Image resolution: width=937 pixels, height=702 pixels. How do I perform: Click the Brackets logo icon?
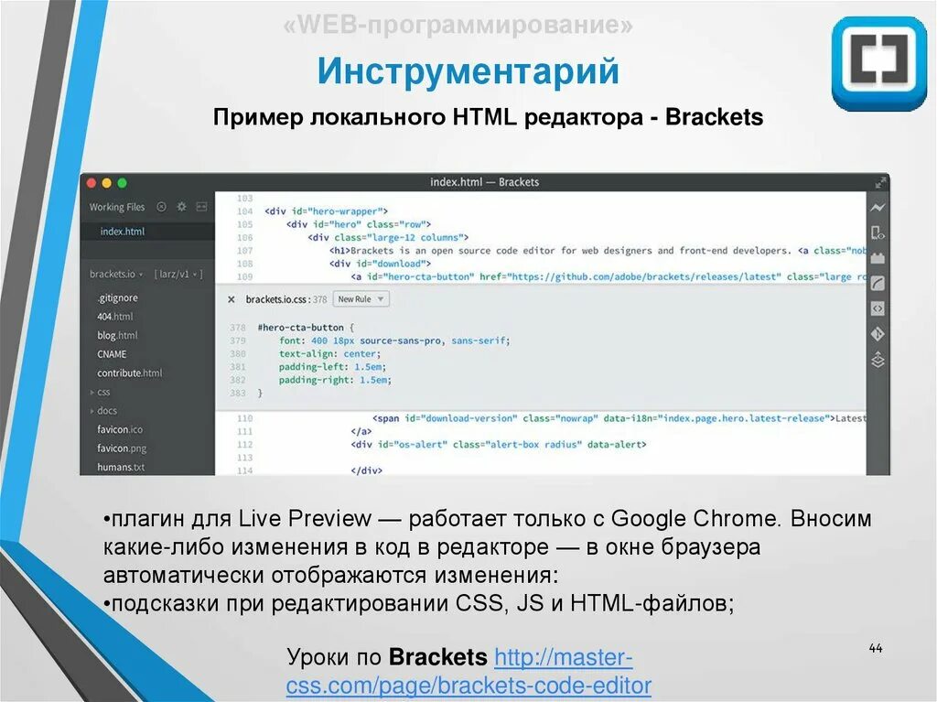[879, 63]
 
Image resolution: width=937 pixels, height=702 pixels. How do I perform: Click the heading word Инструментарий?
[468, 70]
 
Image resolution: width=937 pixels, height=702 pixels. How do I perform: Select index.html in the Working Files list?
[123, 232]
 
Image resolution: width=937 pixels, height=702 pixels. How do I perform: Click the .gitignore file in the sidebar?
[117, 297]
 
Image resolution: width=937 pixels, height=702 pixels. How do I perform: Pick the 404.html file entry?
[115, 316]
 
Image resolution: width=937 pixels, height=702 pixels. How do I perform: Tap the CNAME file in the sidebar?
[112, 354]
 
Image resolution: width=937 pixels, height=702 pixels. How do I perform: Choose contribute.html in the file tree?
[129, 373]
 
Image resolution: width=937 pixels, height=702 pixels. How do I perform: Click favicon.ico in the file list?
[120, 429]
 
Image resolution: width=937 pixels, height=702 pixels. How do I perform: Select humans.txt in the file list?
[121, 467]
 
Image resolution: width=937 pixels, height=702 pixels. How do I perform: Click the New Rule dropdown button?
[361, 298]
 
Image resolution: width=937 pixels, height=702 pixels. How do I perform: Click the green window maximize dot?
[122, 183]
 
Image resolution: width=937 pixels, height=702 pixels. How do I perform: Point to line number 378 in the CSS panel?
[237, 327]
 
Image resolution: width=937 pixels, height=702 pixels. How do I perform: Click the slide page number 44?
[875, 649]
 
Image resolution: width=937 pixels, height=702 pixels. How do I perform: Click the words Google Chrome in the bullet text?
[695, 519]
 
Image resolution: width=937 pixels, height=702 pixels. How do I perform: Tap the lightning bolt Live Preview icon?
[878, 208]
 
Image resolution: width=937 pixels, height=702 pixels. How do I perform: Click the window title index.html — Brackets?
[485, 182]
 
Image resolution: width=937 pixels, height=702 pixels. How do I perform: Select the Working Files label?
[117, 207]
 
